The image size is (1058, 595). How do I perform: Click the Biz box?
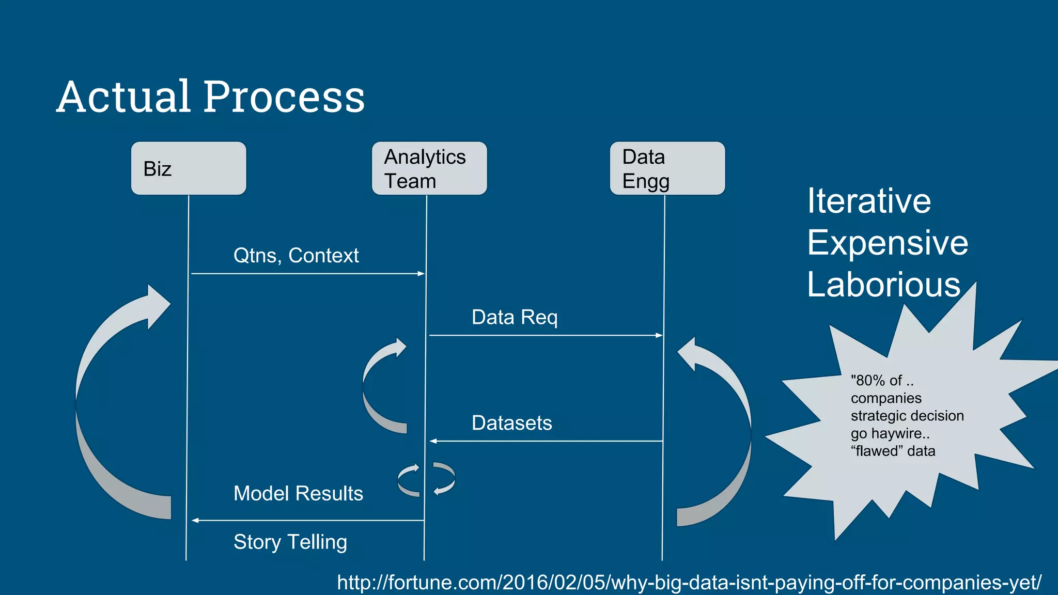tap(188, 168)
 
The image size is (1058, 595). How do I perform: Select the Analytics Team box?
tap(429, 168)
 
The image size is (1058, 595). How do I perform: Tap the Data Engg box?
tap(667, 168)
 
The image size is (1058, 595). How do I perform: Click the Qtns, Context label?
tap(296, 256)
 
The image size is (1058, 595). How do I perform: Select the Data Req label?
tap(515, 317)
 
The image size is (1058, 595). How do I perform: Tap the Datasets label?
tap(511, 423)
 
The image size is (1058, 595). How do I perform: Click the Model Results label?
tap(298, 493)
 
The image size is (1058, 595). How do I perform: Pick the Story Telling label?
tap(290, 542)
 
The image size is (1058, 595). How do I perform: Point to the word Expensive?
tap(888, 243)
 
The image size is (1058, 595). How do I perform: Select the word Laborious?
tap(883, 285)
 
